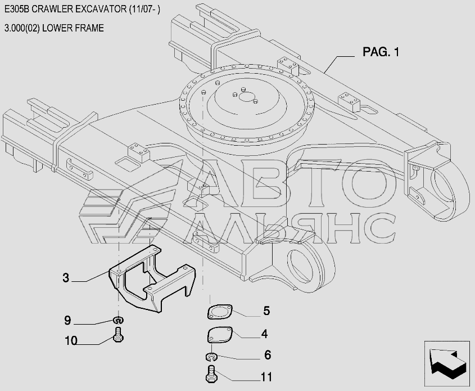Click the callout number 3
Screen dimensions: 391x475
point(66,277)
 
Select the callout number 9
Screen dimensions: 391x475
point(67,321)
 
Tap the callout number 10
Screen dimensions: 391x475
point(70,340)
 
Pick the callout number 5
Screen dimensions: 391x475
point(266,311)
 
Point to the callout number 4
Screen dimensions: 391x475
point(264,334)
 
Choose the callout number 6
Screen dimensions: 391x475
point(267,355)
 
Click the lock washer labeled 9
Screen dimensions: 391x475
point(119,321)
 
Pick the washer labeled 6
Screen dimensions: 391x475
point(211,357)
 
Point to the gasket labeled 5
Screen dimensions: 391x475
point(220,312)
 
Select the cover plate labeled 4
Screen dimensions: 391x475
point(219,335)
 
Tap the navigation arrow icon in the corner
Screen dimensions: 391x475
point(447,362)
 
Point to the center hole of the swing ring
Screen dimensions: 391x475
point(246,97)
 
